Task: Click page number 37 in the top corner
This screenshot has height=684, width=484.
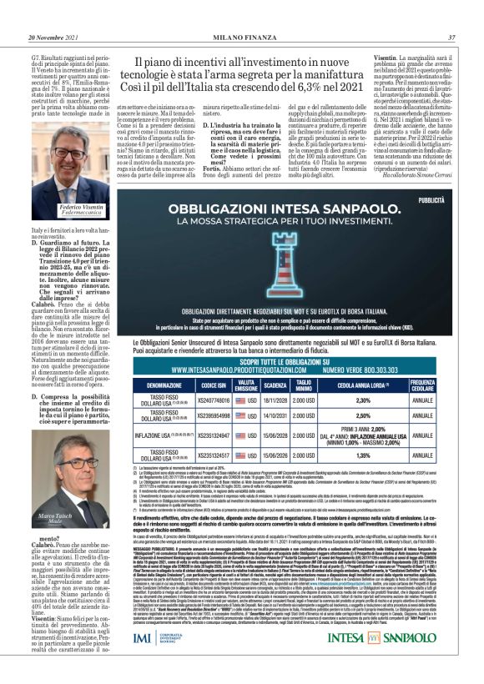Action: point(451,37)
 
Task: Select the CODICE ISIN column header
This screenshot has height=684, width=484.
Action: point(214,386)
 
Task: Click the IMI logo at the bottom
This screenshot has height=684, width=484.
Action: point(164,661)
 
